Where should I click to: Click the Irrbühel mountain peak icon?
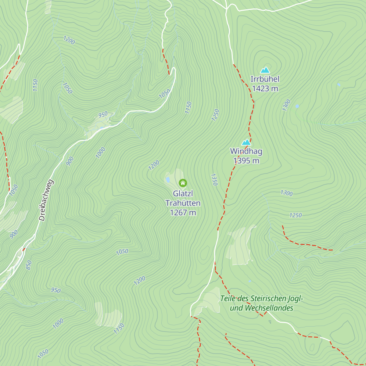click(265, 70)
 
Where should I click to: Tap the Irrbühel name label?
click(265, 79)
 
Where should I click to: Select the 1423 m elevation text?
click(265, 88)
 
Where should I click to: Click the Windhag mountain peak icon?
click(246, 142)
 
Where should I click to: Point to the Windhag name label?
click(246, 151)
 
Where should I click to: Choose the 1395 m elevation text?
click(246, 160)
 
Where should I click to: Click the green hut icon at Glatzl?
click(183, 183)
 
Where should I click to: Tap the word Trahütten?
click(183, 203)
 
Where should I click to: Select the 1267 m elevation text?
click(183, 213)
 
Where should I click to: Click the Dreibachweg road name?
click(46, 200)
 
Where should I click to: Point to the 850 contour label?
click(29, 265)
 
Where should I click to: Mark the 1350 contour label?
click(214, 180)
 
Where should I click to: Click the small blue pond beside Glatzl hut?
click(168, 180)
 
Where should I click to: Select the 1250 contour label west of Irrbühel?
click(216, 115)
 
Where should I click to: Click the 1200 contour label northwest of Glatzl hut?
click(154, 165)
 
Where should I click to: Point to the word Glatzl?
click(183, 193)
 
